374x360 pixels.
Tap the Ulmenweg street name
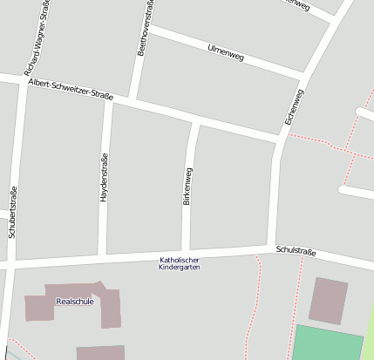coord(226,53)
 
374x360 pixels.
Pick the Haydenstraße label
coord(104,180)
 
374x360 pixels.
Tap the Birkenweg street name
coord(187,187)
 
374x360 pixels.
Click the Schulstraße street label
coord(295,252)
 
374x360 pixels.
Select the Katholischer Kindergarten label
coord(180,264)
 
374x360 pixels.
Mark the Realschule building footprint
coord(109,309)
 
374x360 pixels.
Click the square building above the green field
coord(330,301)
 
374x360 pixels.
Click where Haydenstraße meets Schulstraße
coord(103,256)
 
